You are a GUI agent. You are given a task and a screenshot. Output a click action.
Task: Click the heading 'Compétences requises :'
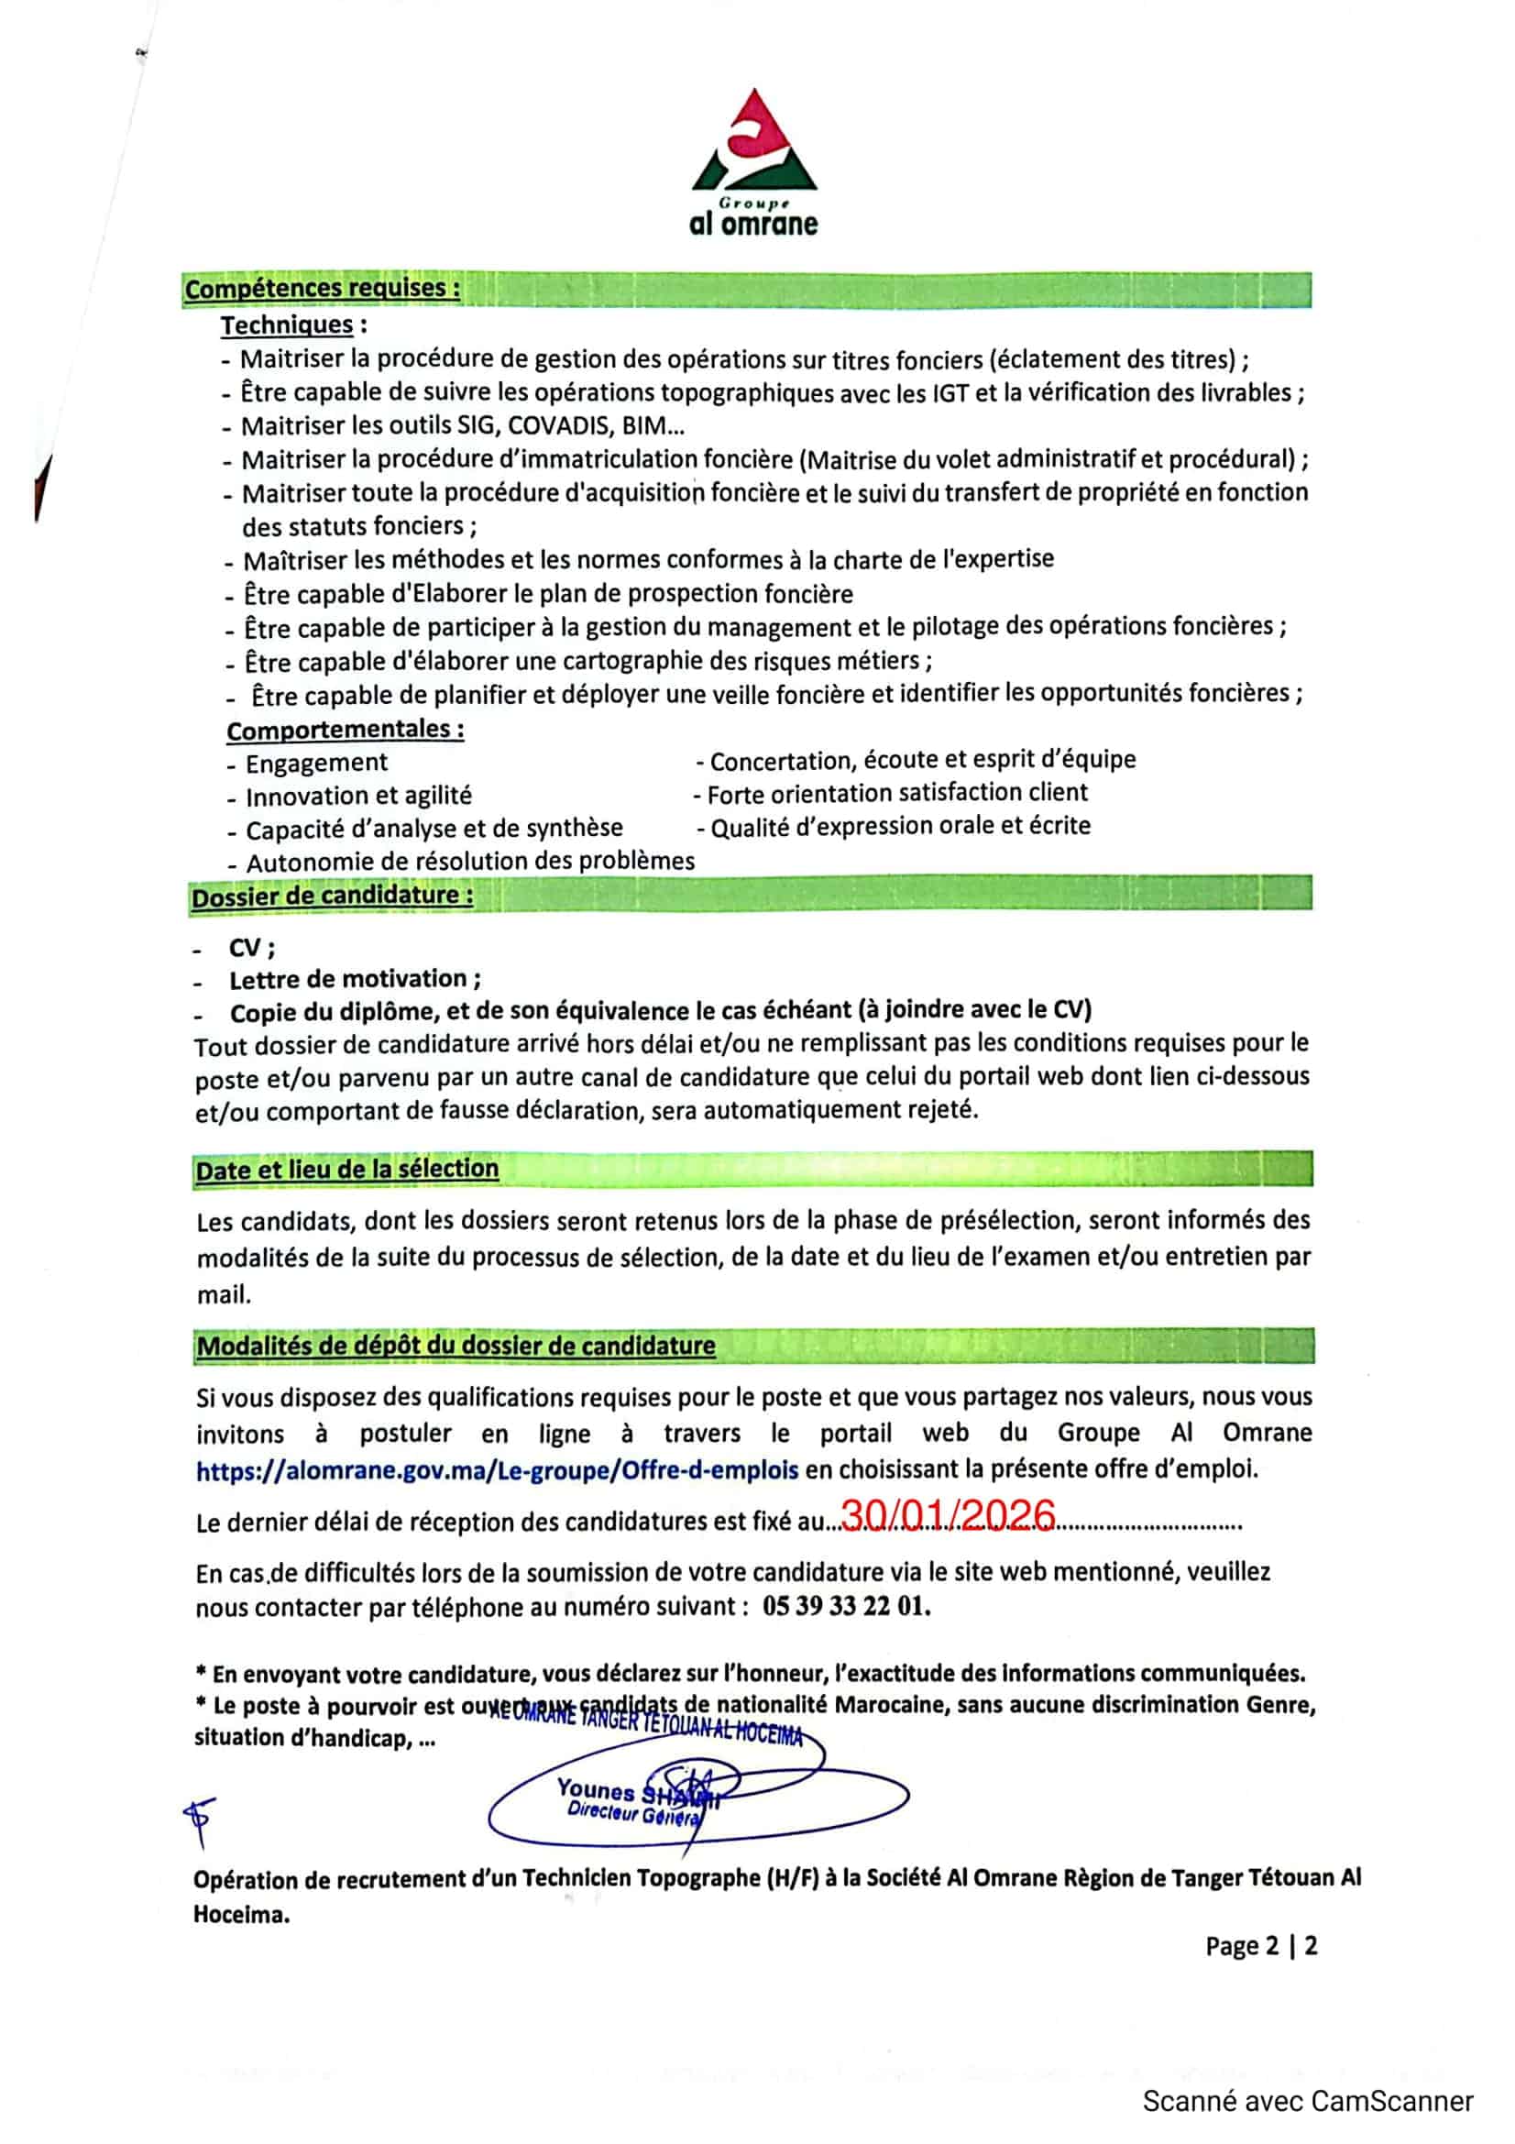322,289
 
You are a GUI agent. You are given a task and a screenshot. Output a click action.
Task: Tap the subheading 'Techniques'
287,325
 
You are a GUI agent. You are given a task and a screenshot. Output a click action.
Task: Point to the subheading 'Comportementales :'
346,730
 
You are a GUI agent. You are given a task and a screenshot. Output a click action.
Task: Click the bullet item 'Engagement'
316,763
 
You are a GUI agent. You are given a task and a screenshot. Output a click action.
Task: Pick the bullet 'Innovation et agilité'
358,797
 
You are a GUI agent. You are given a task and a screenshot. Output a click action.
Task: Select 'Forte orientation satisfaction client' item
897,794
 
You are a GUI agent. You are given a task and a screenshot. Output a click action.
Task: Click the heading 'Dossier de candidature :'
333,896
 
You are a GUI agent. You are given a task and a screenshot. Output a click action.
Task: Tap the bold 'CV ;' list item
252,948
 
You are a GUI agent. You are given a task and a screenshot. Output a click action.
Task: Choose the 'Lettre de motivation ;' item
356,980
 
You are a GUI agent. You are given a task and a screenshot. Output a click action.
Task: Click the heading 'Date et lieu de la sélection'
347,1169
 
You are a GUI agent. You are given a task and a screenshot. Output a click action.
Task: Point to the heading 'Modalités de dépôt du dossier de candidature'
456,1346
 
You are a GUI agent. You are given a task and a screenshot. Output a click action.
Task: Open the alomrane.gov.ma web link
497,1469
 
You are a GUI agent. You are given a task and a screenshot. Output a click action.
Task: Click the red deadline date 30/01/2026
948,1514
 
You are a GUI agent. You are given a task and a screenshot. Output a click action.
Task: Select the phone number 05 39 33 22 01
846,1606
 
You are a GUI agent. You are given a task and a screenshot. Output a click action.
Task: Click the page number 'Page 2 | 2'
1260,1946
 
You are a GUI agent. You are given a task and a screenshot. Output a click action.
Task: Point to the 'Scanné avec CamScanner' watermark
1308,2101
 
